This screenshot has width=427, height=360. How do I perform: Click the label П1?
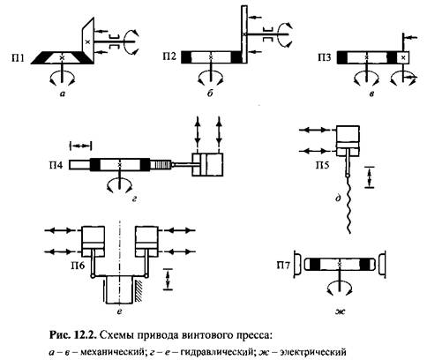[18, 58]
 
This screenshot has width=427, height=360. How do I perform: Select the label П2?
[169, 56]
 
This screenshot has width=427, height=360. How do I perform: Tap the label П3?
[325, 57]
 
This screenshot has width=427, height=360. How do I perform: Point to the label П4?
[56, 165]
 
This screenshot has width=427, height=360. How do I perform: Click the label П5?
[323, 165]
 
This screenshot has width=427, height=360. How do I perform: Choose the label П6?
[78, 266]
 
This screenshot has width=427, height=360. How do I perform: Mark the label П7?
[283, 266]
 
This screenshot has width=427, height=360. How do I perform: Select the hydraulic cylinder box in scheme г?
[207, 165]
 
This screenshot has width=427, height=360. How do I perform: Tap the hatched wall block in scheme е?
[139, 291]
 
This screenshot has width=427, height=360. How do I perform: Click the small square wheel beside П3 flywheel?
[403, 57]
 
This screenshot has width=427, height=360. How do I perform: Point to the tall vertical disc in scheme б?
[244, 34]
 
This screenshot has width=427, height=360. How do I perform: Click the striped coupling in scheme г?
[161, 165]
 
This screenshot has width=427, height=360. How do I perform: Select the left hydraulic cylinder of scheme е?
[93, 241]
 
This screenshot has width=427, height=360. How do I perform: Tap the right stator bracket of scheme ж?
[382, 265]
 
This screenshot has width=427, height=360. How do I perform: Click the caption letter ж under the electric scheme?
[341, 311]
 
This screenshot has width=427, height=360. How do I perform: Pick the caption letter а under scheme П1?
[62, 94]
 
